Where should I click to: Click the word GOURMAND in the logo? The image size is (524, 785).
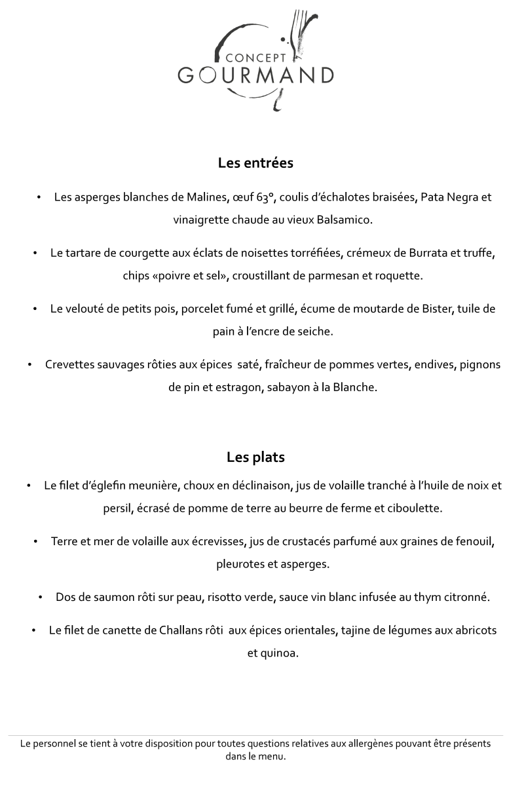255,75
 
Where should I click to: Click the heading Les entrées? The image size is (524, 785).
255,163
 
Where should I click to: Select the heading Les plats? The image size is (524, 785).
255,457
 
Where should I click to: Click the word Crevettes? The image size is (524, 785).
70,364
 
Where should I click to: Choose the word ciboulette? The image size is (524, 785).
414,508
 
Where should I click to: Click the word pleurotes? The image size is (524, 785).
238,564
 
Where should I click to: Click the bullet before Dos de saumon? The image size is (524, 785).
41,597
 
